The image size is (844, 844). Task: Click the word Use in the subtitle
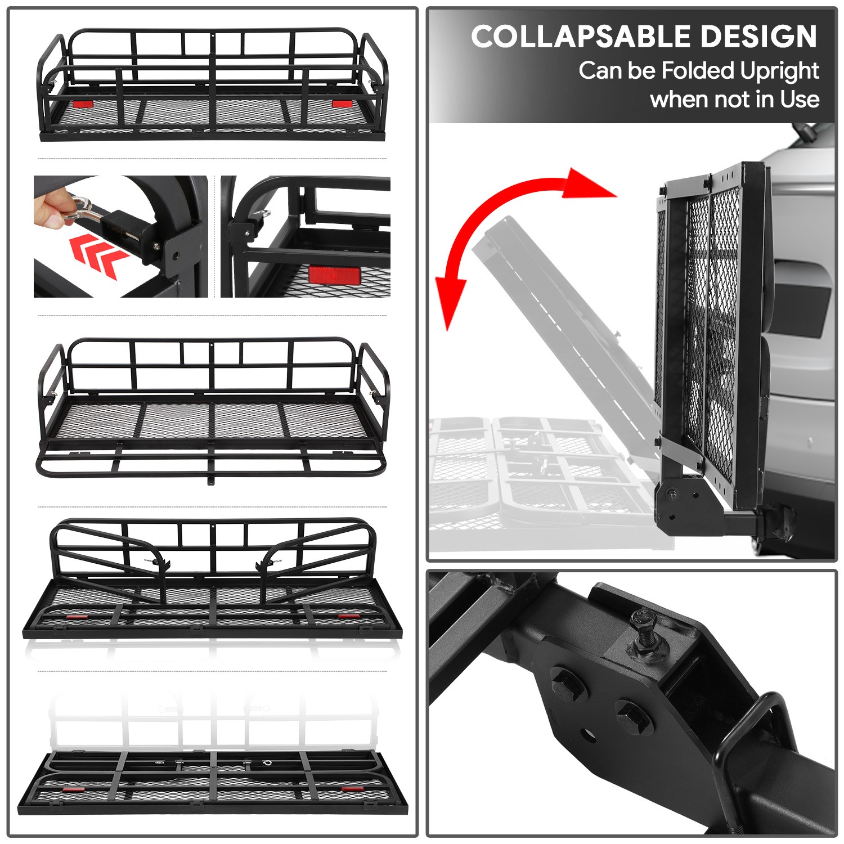[x=799, y=100]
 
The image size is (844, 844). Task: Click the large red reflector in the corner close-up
[x=334, y=276]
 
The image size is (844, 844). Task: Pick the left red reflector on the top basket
[x=82, y=104]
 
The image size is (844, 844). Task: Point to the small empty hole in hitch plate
[x=587, y=734]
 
